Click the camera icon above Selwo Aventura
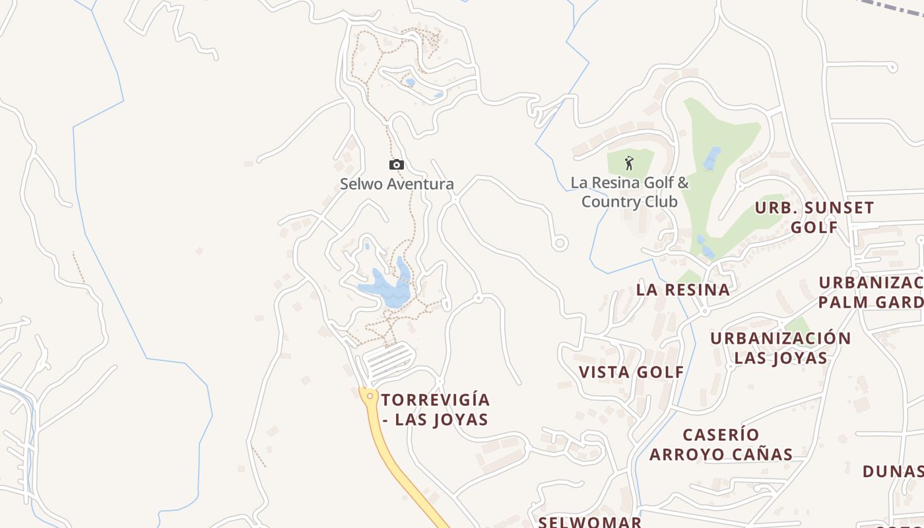pyautogui.click(x=396, y=164)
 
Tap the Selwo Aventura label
pyautogui.click(x=397, y=184)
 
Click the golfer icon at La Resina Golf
pyautogui.click(x=629, y=162)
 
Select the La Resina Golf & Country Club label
pyautogui.click(x=630, y=191)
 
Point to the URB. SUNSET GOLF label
pyautogui.click(x=814, y=217)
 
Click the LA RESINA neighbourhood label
pyautogui.click(x=683, y=289)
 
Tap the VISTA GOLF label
pyautogui.click(x=632, y=372)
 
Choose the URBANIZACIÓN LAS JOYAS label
pyautogui.click(x=780, y=348)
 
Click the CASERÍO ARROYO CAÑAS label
pyautogui.click(x=721, y=444)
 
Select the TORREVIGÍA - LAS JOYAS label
pyautogui.click(x=435, y=409)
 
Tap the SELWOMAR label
pyautogui.click(x=589, y=521)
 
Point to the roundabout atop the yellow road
pyautogui.click(x=370, y=395)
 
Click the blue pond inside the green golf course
pyautogui.click(x=711, y=158)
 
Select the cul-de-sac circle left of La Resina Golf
pyautogui.click(x=560, y=243)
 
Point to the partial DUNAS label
pyautogui.click(x=893, y=471)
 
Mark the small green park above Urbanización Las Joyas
pyautogui.click(x=797, y=325)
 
